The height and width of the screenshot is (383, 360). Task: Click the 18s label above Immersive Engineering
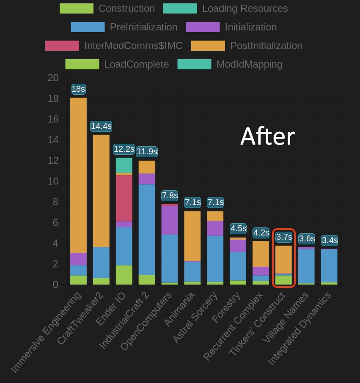[x=78, y=89]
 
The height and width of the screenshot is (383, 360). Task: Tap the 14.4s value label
[x=101, y=126]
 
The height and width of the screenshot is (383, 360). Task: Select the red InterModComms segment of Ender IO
[x=124, y=198]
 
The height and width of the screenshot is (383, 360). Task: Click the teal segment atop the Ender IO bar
[x=124, y=165]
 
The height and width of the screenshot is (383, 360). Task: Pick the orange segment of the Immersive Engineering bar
[x=78, y=175]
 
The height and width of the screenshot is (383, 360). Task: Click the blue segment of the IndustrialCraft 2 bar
[x=147, y=230]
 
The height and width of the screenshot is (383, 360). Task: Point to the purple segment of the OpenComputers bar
[x=170, y=220]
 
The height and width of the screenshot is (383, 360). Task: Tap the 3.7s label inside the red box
[x=284, y=237]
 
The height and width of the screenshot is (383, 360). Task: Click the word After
[x=267, y=137]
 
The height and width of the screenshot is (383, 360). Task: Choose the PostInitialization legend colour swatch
[x=208, y=46]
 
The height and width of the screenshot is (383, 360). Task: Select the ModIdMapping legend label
[x=249, y=64]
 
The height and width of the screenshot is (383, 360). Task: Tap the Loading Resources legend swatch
[x=180, y=8]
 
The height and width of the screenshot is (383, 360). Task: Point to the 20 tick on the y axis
[x=53, y=78]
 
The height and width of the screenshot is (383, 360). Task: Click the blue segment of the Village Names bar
[x=307, y=266]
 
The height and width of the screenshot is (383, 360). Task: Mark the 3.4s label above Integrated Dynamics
[x=330, y=241]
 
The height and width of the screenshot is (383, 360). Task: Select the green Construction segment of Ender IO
[x=124, y=275]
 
